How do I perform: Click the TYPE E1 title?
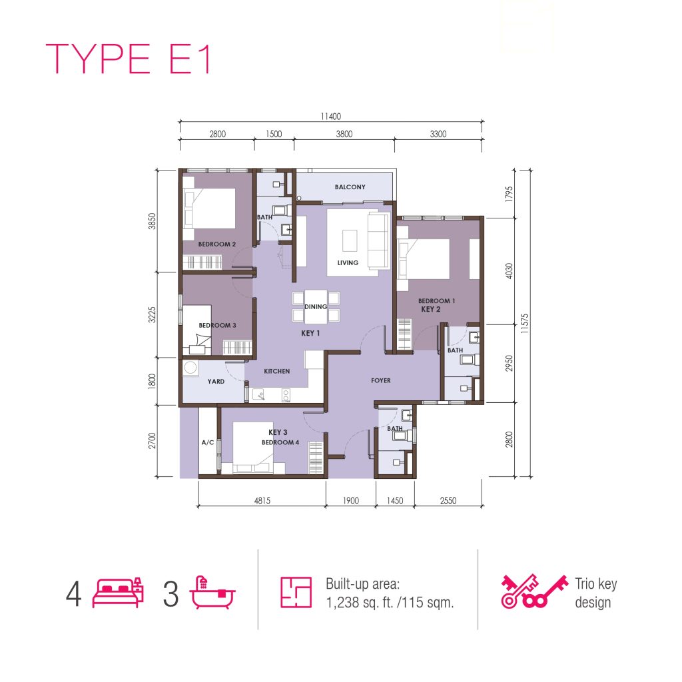point(129,59)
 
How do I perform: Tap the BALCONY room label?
point(350,187)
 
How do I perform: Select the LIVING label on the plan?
point(348,262)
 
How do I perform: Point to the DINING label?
point(315,306)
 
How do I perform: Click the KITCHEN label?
point(276,371)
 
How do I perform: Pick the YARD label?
point(216,382)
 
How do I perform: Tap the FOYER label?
point(380,380)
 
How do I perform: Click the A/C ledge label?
point(208,442)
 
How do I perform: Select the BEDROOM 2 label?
point(216,244)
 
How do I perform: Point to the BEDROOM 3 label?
point(217,325)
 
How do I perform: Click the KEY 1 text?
point(310,333)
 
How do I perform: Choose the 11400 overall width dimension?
point(330,117)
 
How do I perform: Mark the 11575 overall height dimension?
point(525,324)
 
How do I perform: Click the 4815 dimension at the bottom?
point(262,501)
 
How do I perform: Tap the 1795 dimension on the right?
point(509,194)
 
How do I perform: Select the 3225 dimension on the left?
point(151,314)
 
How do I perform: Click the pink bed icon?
point(118,593)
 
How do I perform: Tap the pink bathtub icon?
point(212,593)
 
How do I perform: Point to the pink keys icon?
point(535,591)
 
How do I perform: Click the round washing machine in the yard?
point(190,368)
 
